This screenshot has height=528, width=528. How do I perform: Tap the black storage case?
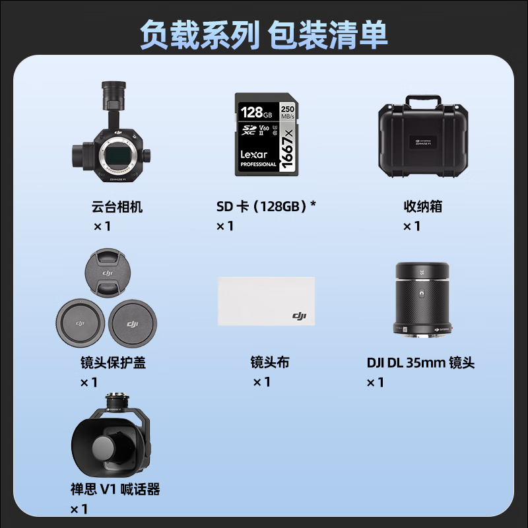tap(423, 140)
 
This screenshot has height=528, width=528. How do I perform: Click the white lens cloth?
tap(266, 300)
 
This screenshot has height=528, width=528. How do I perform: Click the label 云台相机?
tap(117, 207)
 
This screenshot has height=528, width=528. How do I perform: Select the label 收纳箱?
tap(423, 207)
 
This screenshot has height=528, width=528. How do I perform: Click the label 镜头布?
tap(270, 362)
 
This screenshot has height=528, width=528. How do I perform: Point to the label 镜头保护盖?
tap(113, 362)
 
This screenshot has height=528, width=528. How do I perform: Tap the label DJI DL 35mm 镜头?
tap(421, 362)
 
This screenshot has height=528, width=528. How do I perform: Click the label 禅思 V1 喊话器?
tap(115, 490)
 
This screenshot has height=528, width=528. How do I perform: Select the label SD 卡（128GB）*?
tap(266, 207)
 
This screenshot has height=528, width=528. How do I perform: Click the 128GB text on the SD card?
tap(253, 110)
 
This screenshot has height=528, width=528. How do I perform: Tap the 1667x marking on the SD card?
tap(288, 150)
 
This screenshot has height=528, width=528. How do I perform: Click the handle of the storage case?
tap(423, 100)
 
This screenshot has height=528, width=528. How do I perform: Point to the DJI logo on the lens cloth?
tap(300, 316)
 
